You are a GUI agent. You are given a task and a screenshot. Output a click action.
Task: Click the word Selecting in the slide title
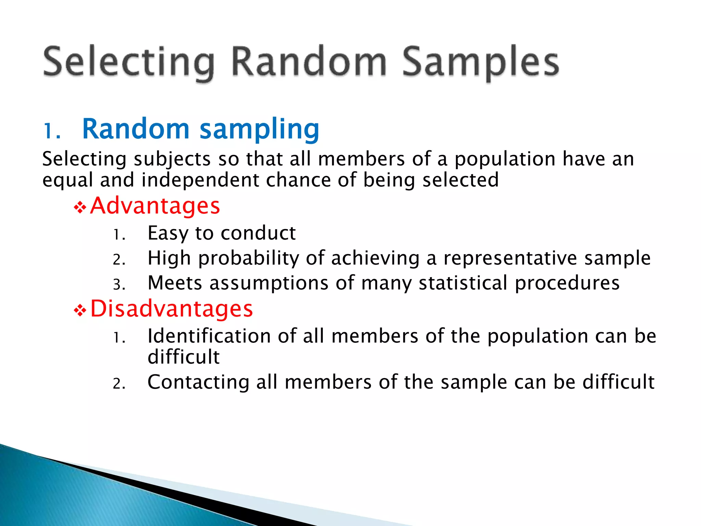pos(128,62)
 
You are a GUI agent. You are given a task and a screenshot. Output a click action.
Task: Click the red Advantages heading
pos(155,206)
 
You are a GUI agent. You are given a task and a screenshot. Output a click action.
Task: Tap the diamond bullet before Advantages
pos(80,208)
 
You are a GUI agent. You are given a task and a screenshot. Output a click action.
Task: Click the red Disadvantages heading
pos(171,309)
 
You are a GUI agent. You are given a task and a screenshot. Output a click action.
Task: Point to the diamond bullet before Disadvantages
pos(80,311)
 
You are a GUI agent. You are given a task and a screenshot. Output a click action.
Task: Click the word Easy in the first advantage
pos(168,234)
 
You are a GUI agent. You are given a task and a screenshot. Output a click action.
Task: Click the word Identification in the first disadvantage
pos(209,336)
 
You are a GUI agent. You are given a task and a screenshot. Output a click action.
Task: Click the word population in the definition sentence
pos(505,160)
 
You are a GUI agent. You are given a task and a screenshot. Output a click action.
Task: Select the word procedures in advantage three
pos(567,283)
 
